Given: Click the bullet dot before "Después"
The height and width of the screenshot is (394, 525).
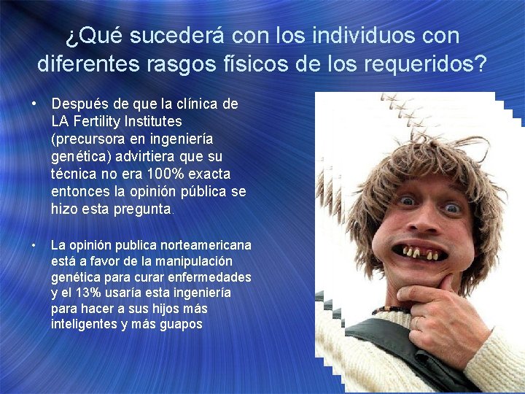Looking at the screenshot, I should coord(34,104).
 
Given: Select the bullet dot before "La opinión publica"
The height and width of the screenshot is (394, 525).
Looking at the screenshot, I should coord(34,246).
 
